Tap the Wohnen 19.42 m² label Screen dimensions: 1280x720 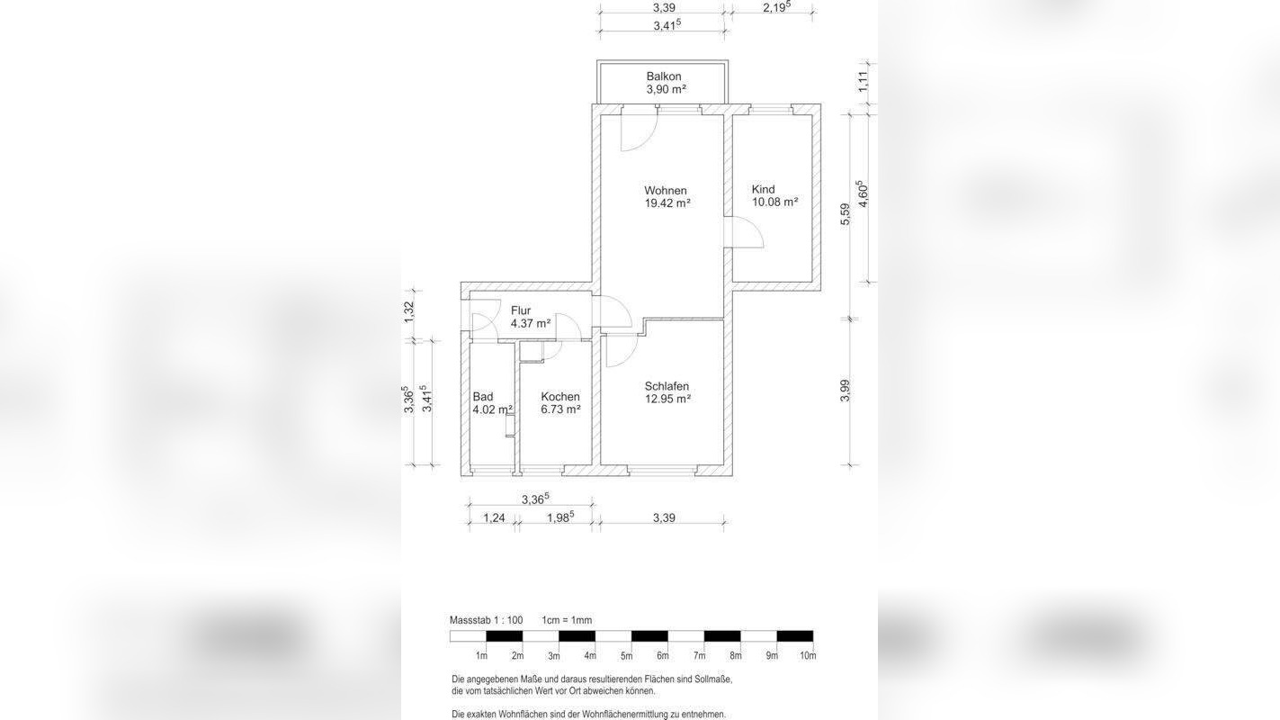coord(667,197)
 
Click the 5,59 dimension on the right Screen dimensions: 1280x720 coord(846,214)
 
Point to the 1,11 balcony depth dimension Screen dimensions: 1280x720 coord(863,81)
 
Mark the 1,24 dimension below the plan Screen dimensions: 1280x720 coord(495,517)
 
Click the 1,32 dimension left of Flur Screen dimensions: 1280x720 coord(408,312)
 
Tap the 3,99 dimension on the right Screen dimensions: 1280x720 coord(846,391)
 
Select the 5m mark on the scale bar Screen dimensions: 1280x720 coord(627,656)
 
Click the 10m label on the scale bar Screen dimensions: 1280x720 coord(808,656)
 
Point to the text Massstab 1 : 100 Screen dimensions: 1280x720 coord(487,620)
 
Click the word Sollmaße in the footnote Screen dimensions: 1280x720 coord(713,680)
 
